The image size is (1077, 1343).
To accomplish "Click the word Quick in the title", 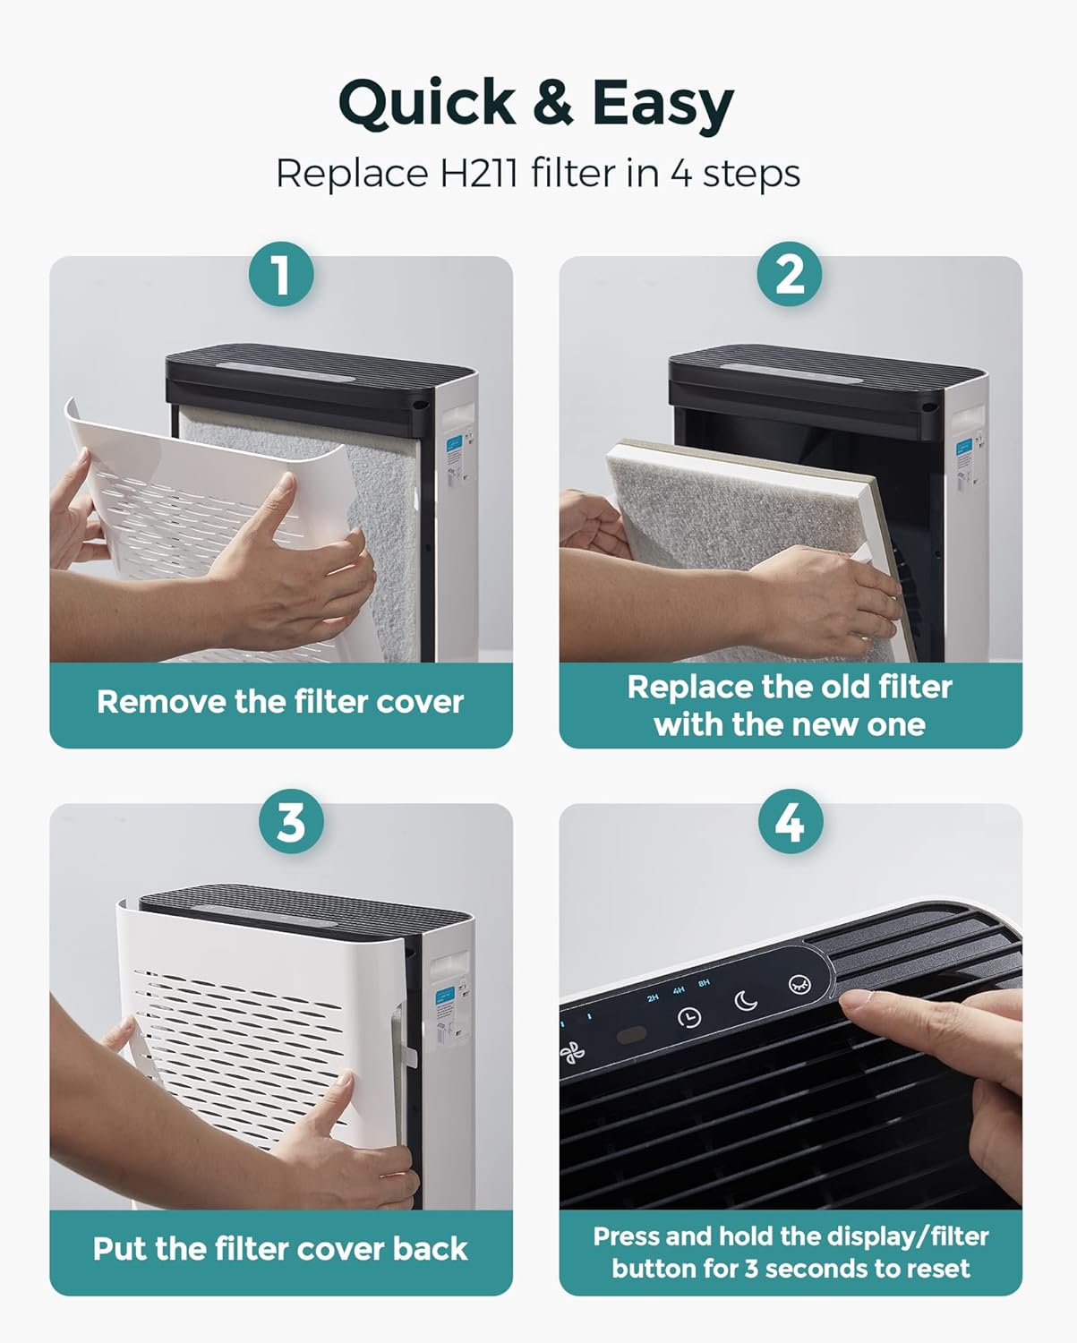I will coord(427,103).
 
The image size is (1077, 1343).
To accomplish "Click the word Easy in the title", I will coord(662,105).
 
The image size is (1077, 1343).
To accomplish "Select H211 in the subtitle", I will coord(478,173).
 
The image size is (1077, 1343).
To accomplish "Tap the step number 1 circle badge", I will coord(281,274).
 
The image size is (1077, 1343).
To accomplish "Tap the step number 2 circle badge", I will coord(790,274).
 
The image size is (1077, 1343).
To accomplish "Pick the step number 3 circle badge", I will coord(291,821).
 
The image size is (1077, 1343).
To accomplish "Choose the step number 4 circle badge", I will coord(790,821).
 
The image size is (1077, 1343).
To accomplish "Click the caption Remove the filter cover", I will coord(280,702).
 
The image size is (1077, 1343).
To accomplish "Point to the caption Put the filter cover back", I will coord(280,1249).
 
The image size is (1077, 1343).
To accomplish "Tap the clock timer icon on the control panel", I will coord(689,1018).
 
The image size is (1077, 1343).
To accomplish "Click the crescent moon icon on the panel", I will coord(746,1000).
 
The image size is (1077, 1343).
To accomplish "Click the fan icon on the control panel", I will coord(573,1053).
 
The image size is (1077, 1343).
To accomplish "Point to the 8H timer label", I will coord(705,983).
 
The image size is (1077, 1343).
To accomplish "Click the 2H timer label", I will coord(653,997).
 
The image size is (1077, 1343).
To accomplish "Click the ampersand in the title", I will coord(553,103).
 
